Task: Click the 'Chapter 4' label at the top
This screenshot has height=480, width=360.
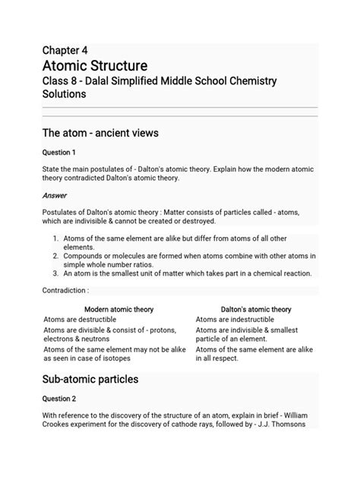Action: pos(66,50)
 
